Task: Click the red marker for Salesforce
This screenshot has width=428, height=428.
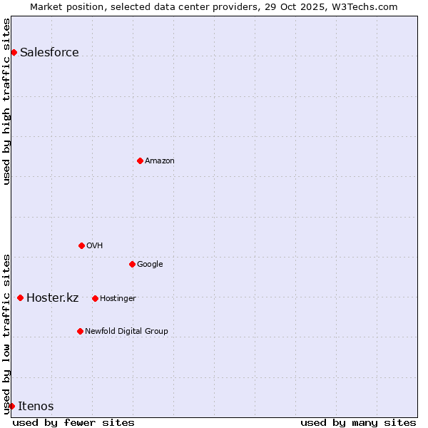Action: click(14, 52)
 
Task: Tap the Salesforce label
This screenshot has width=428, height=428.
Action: click(49, 53)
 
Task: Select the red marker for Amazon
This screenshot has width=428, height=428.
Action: click(140, 160)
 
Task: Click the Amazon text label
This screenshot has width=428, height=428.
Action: click(160, 161)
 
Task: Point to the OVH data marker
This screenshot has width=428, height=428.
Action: click(81, 245)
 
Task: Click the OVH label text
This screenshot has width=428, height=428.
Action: click(95, 246)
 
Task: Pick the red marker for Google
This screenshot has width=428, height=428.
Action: click(132, 264)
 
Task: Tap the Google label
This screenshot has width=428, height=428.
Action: click(150, 265)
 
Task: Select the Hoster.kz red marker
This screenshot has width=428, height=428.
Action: click(20, 297)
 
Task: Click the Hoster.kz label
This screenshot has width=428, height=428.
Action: click(52, 298)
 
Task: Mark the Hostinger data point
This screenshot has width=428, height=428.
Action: click(95, 298)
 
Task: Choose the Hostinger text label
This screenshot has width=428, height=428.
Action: click(118, 299)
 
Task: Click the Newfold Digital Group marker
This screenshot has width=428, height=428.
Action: click(80, 331)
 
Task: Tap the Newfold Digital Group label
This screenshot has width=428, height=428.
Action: click(126, 332)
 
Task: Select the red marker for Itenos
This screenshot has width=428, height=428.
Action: click(11, 406)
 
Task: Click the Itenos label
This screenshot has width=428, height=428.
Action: click(36, 407)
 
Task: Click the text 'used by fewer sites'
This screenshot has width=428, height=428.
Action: click(73, 422)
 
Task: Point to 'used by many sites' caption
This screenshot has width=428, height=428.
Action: click(358, 422)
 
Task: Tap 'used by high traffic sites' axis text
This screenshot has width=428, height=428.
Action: click(6, 101)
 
